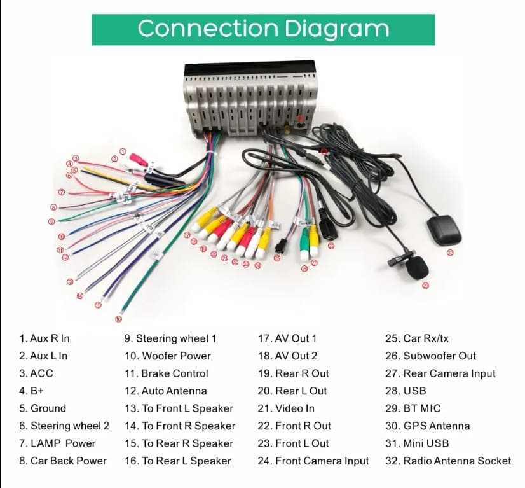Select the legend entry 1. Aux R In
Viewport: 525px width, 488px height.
[x=44, y=338]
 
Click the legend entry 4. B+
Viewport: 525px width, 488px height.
[x=31, y=391]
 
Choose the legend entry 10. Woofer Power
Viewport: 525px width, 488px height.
[x=167, y=356]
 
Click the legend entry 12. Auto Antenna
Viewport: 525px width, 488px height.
[x=165, y=391]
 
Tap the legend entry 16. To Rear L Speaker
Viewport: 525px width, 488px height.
[x=177, y=461]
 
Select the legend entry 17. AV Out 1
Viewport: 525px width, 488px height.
[x=287, y=338]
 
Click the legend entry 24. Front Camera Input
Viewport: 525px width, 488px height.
[x=313, y=461]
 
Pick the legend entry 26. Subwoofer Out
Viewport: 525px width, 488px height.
[x=430, y=356]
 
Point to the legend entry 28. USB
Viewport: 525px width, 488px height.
[x=406, y=391]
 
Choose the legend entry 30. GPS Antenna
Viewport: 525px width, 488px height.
[x=428, y=426]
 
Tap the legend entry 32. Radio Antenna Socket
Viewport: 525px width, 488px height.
[x=448, y=461]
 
